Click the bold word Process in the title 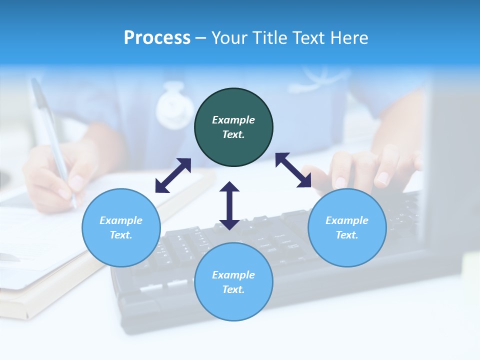coord(157,38)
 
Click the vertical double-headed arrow coord(229,205)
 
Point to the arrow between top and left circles coord(173,175)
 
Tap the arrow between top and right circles coord(293,170)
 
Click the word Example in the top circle coord(233,120)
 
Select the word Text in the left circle coord(121,235)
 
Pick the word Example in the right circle coord(347,220)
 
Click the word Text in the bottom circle coord(233,289)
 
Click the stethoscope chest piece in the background coord(174,106)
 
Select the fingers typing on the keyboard coord(370,167)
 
